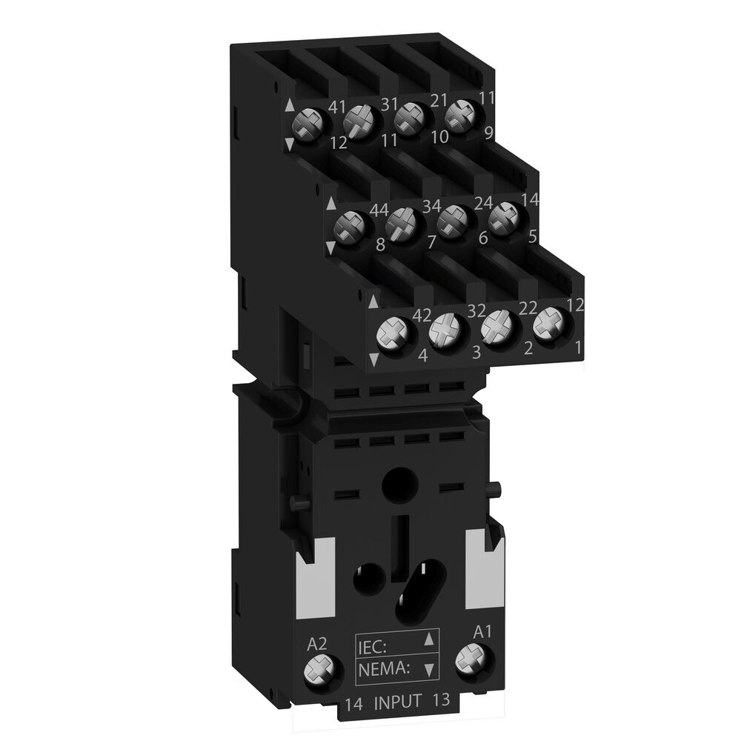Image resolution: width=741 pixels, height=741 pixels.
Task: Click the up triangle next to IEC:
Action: (x=428, y=642)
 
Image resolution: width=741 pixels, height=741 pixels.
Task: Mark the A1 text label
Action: (x=482, y=632)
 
